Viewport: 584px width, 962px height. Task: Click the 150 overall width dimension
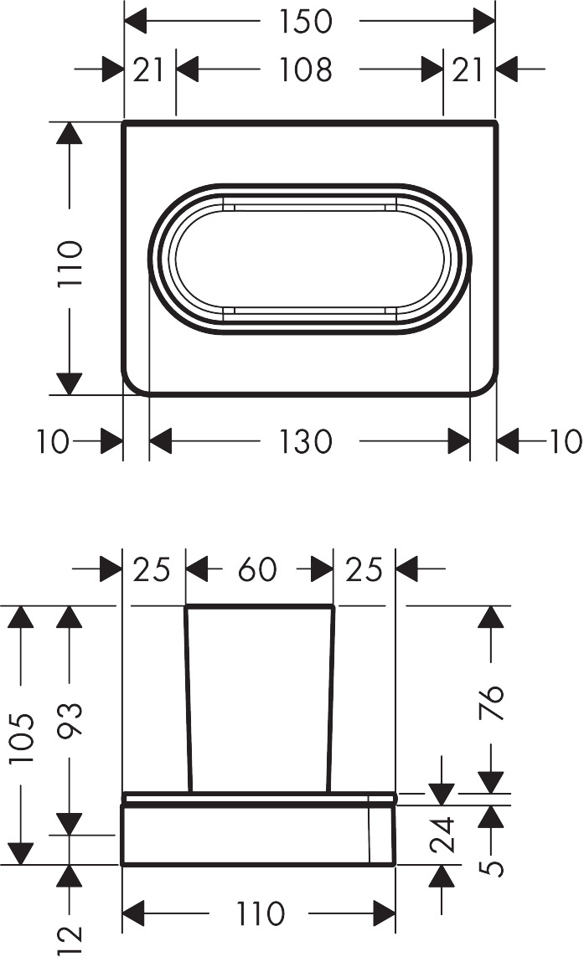pyautogui.click(x=306, y=21)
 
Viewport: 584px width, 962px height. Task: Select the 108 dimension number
pyautogui.click(x=306, y=69)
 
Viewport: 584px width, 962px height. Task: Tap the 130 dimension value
pyautogui.click(x=306, y=441)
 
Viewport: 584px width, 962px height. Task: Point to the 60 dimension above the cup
pyautogui.click(x=256, y=570)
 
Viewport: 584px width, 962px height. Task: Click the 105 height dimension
pyautogui.click(x=21, y=734)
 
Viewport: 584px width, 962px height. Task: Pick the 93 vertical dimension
pyautogui.click(x=70, y=723)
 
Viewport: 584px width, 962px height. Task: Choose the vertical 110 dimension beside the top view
pyautogui.click(x=71, y=264)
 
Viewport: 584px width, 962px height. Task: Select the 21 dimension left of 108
pyautogui.click(x=150, y=69)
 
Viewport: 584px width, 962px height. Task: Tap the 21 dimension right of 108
pyautogui.click(x=468, y=69)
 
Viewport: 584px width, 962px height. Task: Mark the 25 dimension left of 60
pyautogui.click(x=152, y=570)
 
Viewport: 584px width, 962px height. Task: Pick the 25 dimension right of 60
pyautogui.click(x=364, y=570)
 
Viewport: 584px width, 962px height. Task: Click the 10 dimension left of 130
pyautogui.click(x=53, y=441)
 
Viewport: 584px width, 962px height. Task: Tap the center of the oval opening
pyautogui.click(x=309, y=258)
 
